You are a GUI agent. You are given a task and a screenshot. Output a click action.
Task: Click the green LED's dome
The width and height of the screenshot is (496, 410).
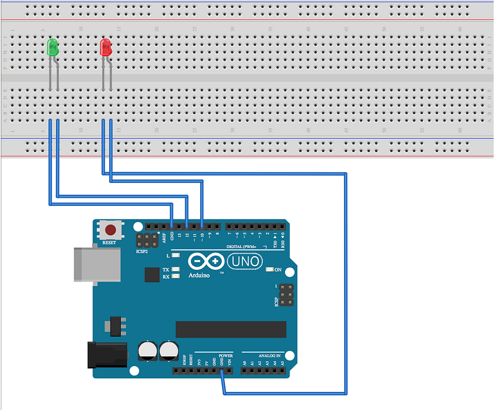coord(53,47)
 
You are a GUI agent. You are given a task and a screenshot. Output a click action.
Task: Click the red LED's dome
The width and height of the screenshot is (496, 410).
coord(105,47)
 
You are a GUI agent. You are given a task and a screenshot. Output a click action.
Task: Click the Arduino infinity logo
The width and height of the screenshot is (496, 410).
coord(200,262)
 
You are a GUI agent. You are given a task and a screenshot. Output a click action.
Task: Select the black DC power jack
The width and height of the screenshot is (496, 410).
coord(107,355)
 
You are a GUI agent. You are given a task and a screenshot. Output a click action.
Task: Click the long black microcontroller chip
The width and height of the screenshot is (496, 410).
coord(231,329)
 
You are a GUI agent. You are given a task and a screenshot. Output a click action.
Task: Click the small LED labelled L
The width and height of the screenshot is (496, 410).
coord(176,256)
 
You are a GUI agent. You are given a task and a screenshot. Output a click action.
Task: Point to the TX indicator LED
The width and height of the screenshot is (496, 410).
coord(176,270)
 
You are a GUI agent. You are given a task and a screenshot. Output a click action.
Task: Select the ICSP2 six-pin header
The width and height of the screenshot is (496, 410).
coord(147,241)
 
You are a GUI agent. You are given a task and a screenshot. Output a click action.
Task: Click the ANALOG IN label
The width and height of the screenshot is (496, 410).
coord(267,356)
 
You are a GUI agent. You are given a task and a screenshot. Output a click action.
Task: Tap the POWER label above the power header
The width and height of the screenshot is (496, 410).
coord(226,356)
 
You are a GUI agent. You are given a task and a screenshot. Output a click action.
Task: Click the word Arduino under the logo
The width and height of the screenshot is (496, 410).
coord(200,275)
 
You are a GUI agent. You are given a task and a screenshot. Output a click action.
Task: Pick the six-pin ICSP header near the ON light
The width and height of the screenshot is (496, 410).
coord(286,295)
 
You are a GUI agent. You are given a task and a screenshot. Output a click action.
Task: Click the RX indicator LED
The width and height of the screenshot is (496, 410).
coord(176,277)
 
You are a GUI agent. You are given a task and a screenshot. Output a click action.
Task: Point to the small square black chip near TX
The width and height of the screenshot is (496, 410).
coord(151,274)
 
